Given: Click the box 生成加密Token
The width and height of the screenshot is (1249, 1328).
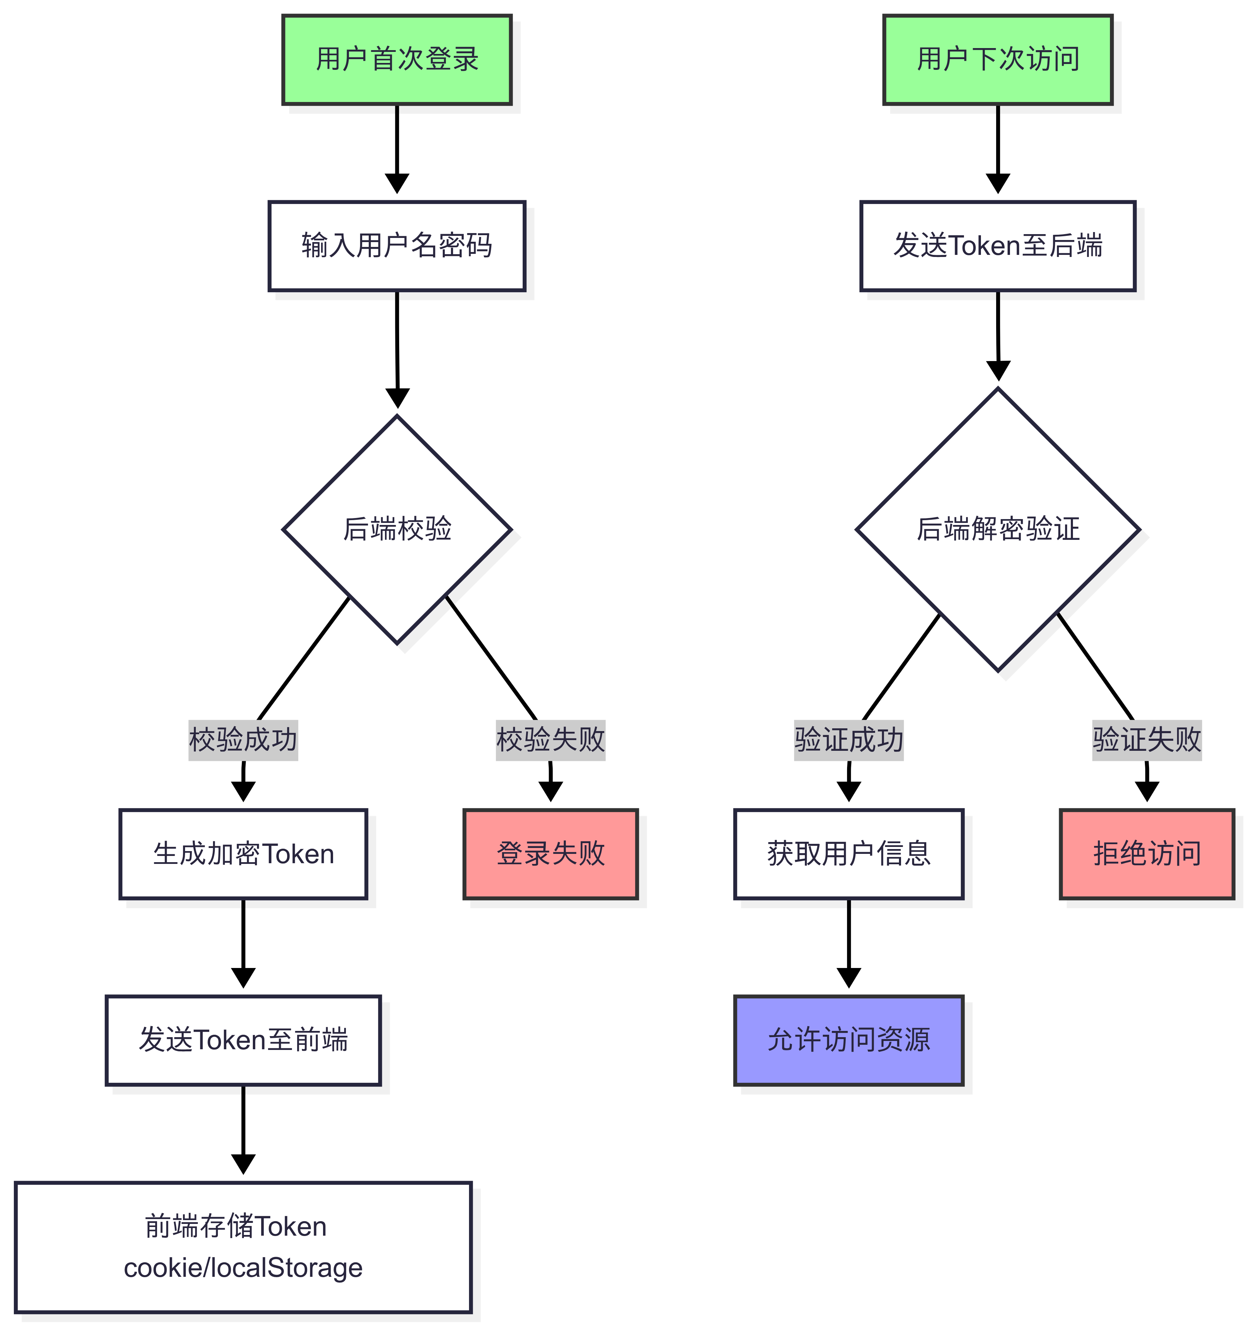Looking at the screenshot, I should [243, 854].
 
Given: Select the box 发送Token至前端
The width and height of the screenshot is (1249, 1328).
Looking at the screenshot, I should [243, 1040].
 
